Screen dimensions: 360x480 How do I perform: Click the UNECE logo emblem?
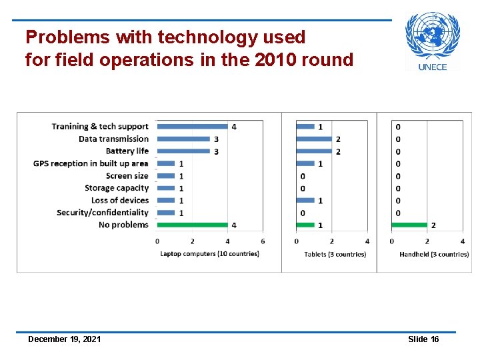[x=433, y=37]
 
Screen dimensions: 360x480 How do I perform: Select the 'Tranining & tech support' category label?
[x=100, y=126]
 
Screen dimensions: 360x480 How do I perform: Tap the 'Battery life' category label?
[x=127, y=151]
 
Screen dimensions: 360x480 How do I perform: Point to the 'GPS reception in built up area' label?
[x=91, y=163]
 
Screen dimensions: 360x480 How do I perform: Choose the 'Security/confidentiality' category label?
[x=103, y=213]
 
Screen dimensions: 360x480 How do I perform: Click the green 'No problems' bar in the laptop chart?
[x=192, y=225]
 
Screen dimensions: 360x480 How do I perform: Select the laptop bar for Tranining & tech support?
[x=192, y=126]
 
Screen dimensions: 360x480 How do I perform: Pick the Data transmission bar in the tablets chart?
[x=314, y=139]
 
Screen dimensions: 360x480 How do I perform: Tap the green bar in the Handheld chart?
[x=409, y=225]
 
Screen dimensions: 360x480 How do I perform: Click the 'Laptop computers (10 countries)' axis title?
[x=209, y=254]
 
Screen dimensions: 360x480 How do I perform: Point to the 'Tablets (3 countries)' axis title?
[x=335, y=254]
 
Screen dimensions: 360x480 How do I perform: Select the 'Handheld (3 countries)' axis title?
[x=434, y=254]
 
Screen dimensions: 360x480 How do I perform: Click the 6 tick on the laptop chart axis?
[x=263, y=241]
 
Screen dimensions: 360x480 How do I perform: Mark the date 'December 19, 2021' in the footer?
[x=65, y=339]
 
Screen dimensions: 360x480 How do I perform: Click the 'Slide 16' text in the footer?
[x=423, y=339]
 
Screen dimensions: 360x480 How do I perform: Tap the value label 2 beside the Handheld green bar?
[x=433, y=225]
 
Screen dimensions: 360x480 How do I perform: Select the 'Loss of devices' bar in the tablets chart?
[x=305, y=200]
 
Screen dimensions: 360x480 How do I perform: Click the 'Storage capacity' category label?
[x=117, y=188]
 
